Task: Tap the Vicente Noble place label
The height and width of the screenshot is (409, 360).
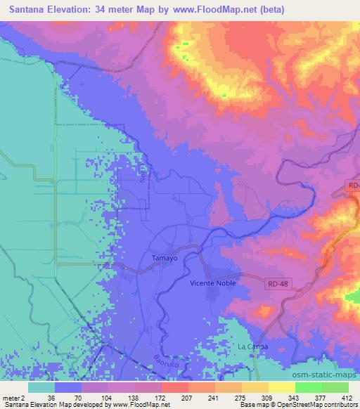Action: [x=213, y=283]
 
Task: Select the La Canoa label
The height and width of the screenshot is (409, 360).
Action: [x=251, y=347]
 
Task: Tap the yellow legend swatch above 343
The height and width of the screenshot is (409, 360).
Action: [x=282, y=387]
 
